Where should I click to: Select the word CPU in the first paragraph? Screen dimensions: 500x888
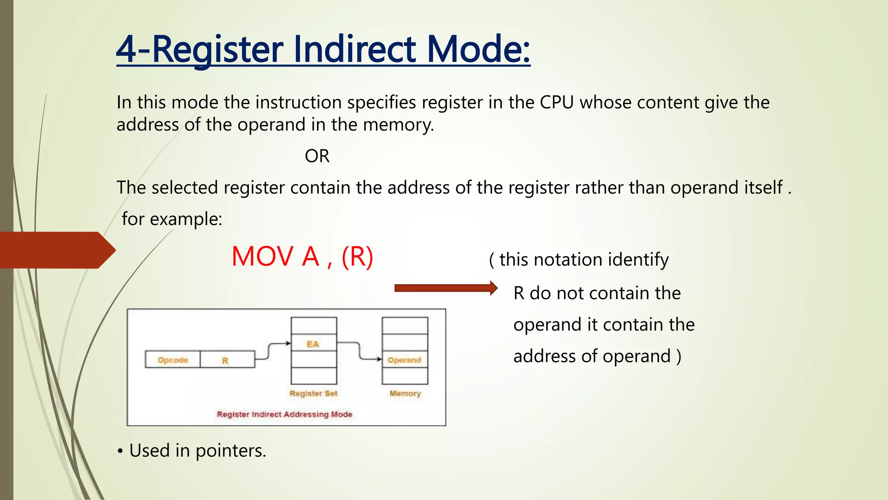(556, 103)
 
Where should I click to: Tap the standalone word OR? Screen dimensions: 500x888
(317, 156)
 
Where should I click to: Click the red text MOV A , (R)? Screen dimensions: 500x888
(302, 257)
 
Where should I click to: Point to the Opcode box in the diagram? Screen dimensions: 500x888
(173, 360)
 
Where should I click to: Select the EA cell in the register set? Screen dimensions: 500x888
(313, 343)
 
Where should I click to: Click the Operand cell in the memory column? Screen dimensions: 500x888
(405, 360)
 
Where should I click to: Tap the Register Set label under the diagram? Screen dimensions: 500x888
(313, 393)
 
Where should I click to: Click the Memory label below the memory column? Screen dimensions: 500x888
(405, 393)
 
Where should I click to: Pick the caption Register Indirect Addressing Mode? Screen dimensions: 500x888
(284, 414)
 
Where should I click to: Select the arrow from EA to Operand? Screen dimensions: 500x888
(359, 351)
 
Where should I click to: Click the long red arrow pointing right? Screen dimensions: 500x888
(445, 288)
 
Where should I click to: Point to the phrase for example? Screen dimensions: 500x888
(172, 219)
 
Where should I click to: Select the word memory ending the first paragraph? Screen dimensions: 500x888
(398, 125)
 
